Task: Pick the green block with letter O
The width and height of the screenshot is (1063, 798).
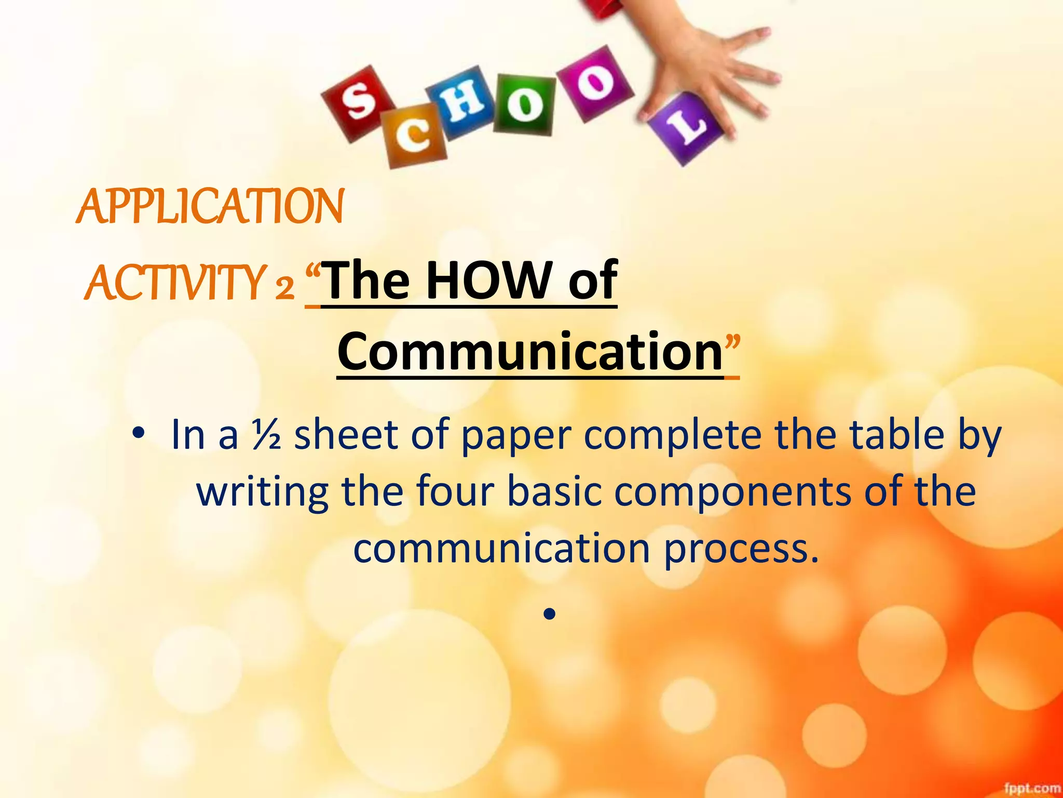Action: [524, 104]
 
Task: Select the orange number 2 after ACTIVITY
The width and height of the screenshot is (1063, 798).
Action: [285, 287]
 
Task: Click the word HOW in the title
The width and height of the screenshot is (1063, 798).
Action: [493, 281]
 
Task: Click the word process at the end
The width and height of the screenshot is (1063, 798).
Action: [742, 549]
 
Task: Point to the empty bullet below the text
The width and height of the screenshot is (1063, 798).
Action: [550, 615]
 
